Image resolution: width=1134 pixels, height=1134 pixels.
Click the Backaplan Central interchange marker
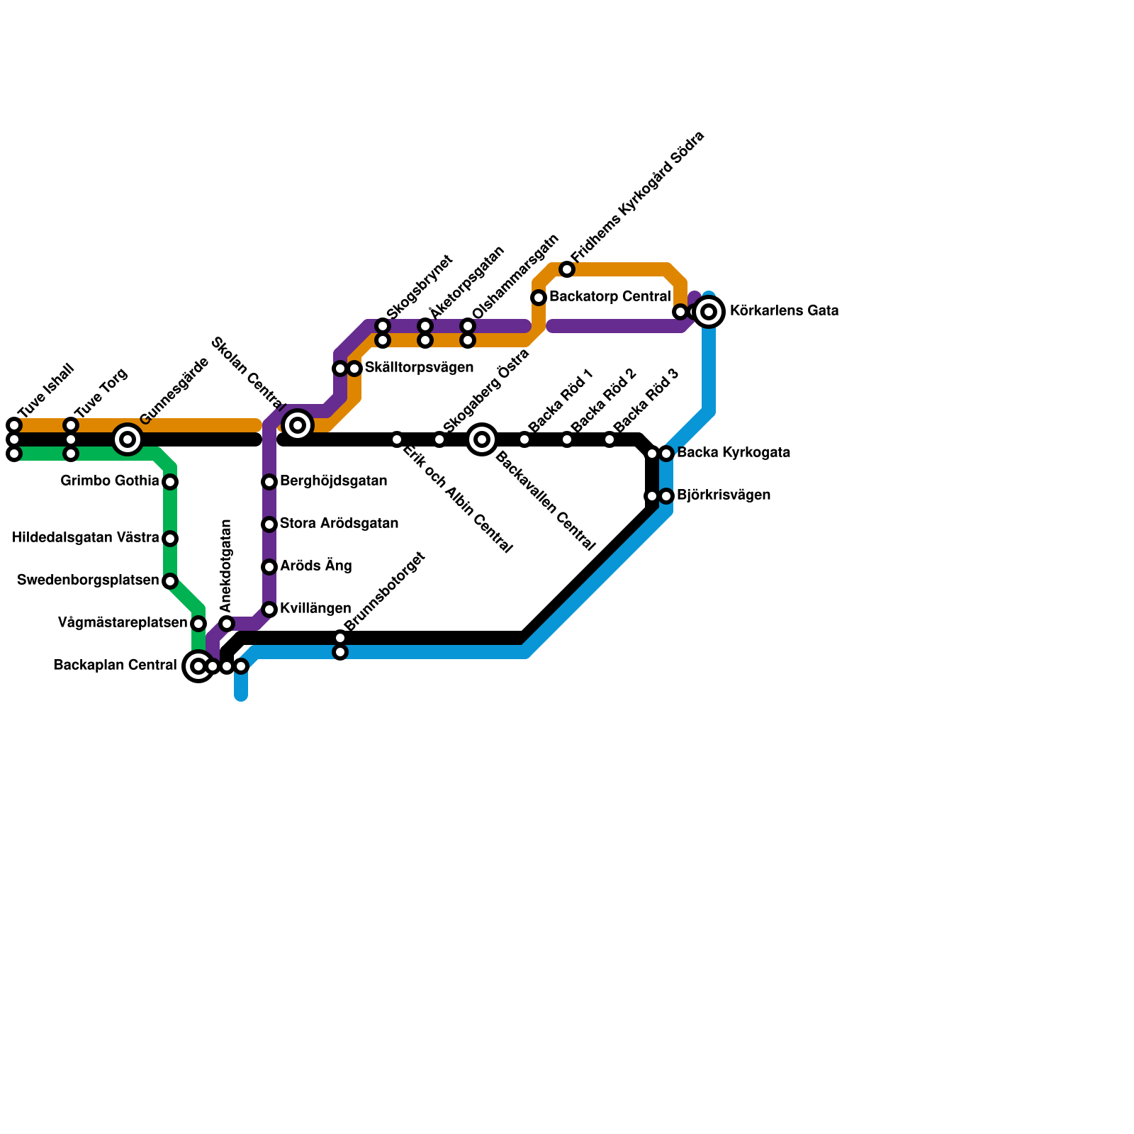(198, 666)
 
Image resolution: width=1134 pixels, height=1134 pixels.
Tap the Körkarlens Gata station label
(784, 311)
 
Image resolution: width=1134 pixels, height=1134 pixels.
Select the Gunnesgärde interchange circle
(128, 439)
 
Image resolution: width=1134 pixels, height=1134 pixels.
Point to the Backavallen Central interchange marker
(482, 439)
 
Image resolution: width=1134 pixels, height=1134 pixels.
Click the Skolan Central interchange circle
(298, 425)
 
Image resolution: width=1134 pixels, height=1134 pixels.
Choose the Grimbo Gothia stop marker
(170, 482)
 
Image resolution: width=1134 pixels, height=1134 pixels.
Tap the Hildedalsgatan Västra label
(85, 538)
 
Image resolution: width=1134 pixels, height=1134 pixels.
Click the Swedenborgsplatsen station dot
(170, 581)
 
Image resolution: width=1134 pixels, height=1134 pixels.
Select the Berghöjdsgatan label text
(333, 481)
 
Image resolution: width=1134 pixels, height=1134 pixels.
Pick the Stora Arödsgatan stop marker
(269, 524)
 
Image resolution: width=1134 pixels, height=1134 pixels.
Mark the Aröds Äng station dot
(269, 567)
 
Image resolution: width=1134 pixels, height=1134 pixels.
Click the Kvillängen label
(315, 609)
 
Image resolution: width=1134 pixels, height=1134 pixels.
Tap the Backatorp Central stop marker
(539, 298)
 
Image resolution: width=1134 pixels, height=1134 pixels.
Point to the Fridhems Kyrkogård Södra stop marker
(567, 269)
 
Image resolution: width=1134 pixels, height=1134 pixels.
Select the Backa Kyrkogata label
(733, 453)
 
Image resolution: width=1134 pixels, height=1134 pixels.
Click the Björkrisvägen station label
(723, 495)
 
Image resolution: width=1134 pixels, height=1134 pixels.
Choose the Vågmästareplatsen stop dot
(198, 624)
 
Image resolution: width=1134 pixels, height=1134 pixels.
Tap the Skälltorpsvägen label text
(419, 368)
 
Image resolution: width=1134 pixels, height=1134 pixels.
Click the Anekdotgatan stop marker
(227, 624)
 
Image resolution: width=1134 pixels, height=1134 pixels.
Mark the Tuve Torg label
(101, 393)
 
